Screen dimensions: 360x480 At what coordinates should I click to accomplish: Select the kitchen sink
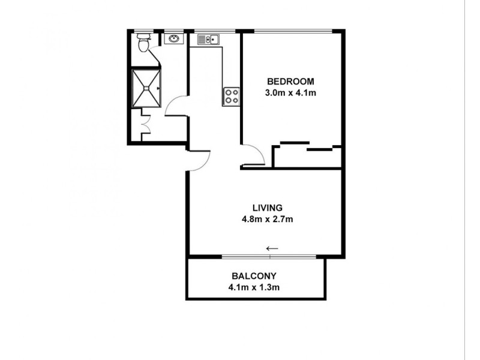208,40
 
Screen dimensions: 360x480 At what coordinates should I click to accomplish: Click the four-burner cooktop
232,96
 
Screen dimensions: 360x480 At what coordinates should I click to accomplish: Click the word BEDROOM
290,82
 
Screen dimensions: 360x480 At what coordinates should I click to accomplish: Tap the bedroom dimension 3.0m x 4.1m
290,93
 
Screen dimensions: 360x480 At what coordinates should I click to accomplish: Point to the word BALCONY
254,276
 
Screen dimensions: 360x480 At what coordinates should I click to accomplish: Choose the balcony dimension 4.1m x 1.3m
254,287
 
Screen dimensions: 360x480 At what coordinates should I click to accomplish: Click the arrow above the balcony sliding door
272,248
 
